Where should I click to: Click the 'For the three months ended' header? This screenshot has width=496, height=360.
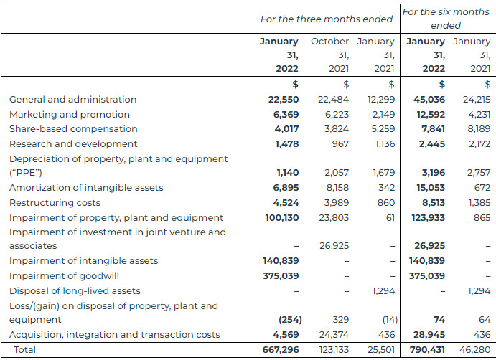coord(326,19)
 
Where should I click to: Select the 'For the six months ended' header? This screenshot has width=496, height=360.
coord(445,19)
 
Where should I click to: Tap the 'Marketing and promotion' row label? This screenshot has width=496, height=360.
coord(70,115)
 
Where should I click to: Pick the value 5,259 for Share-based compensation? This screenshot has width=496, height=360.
coord(380,129)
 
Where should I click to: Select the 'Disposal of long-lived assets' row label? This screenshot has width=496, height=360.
coord(75,291)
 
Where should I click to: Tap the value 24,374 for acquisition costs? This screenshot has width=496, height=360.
coord(333,335)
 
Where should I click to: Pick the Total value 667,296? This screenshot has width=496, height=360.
coord(280,350)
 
